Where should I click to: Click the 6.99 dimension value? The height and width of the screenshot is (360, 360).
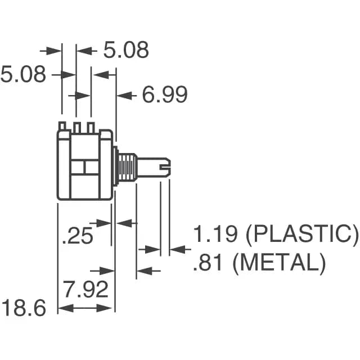pos(164,95)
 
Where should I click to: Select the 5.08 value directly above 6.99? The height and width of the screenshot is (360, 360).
pos(126,50)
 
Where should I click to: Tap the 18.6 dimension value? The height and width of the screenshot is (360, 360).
pos(23,308)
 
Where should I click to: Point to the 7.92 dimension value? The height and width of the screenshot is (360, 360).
pos(85,290)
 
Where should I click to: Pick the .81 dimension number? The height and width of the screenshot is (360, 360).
pos(208,263)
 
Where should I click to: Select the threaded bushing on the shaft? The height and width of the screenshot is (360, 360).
pos(126,166)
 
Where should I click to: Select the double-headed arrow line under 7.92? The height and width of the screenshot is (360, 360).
pos(86,308)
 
